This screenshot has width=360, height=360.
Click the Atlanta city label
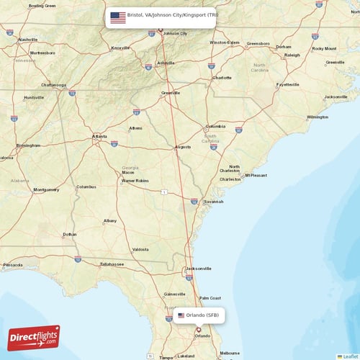99,136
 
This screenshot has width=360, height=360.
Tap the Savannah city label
213,202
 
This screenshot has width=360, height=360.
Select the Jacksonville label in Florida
199,269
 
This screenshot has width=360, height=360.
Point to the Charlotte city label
222,78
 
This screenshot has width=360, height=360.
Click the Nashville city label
28,40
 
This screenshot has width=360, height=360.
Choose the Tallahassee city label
112,264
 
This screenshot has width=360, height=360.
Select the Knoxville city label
121,48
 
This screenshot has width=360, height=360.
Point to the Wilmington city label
318,117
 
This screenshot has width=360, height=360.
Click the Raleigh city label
292,55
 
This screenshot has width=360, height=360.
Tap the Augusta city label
183,147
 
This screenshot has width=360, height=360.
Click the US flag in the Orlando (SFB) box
181,315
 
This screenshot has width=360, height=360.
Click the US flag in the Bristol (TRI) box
117,16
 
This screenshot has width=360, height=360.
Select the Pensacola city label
12,265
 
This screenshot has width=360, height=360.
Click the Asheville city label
166,63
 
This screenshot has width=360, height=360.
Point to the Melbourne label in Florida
230,353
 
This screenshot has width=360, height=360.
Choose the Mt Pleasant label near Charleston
256,175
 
